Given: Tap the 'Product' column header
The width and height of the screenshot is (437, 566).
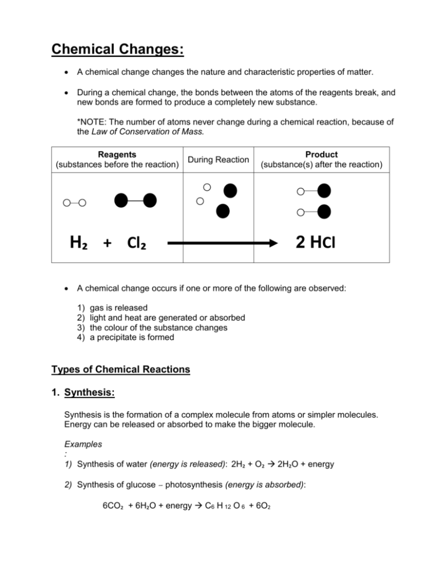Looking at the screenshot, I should click(x=321, y=154).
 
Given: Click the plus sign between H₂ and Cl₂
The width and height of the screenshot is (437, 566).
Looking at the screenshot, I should click(x=107, y=244).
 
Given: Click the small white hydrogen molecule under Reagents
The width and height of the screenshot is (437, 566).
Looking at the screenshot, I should click(x=75, y=202).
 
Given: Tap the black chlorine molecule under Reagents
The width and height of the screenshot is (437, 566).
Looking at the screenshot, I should click(x=135, y=200).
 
